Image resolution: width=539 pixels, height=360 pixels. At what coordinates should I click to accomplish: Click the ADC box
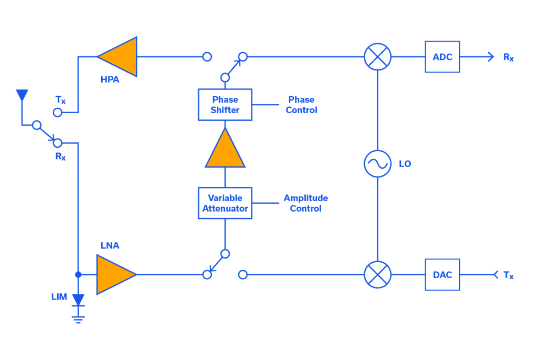click(x=442, y=57)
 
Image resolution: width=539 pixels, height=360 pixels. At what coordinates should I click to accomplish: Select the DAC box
click(x=442, y=274)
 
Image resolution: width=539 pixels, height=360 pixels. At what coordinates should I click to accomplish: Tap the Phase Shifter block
click(x=225, y=104)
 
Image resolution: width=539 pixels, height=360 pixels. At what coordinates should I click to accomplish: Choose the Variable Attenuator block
click(x=225, y=203)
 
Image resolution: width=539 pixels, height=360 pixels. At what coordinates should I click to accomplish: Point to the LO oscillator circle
click(x=377, y=164)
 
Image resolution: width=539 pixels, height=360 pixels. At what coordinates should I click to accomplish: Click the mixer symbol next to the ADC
click(x=377, y=57)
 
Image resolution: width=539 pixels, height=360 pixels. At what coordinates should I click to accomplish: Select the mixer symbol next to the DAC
click(x=377, y=274)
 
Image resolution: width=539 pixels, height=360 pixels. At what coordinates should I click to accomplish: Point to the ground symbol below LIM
click(x=78, y=317)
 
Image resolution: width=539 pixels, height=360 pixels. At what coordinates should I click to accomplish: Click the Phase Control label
click(x=301, y=104)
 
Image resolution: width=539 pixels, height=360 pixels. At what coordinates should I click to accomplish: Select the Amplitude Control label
click(x=305, y=203)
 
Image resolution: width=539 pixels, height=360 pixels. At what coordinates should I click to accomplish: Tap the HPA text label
click(x=109, y=80)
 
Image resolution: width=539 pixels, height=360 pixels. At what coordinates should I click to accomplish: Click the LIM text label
click(x=59, y=297)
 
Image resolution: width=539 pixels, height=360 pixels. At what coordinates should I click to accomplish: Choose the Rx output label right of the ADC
click(x=508, y=57)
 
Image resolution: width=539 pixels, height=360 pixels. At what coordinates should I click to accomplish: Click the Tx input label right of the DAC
click(x=508, y=275)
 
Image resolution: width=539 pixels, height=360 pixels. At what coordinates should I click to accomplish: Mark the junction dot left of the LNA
click(x=78, y=274)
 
